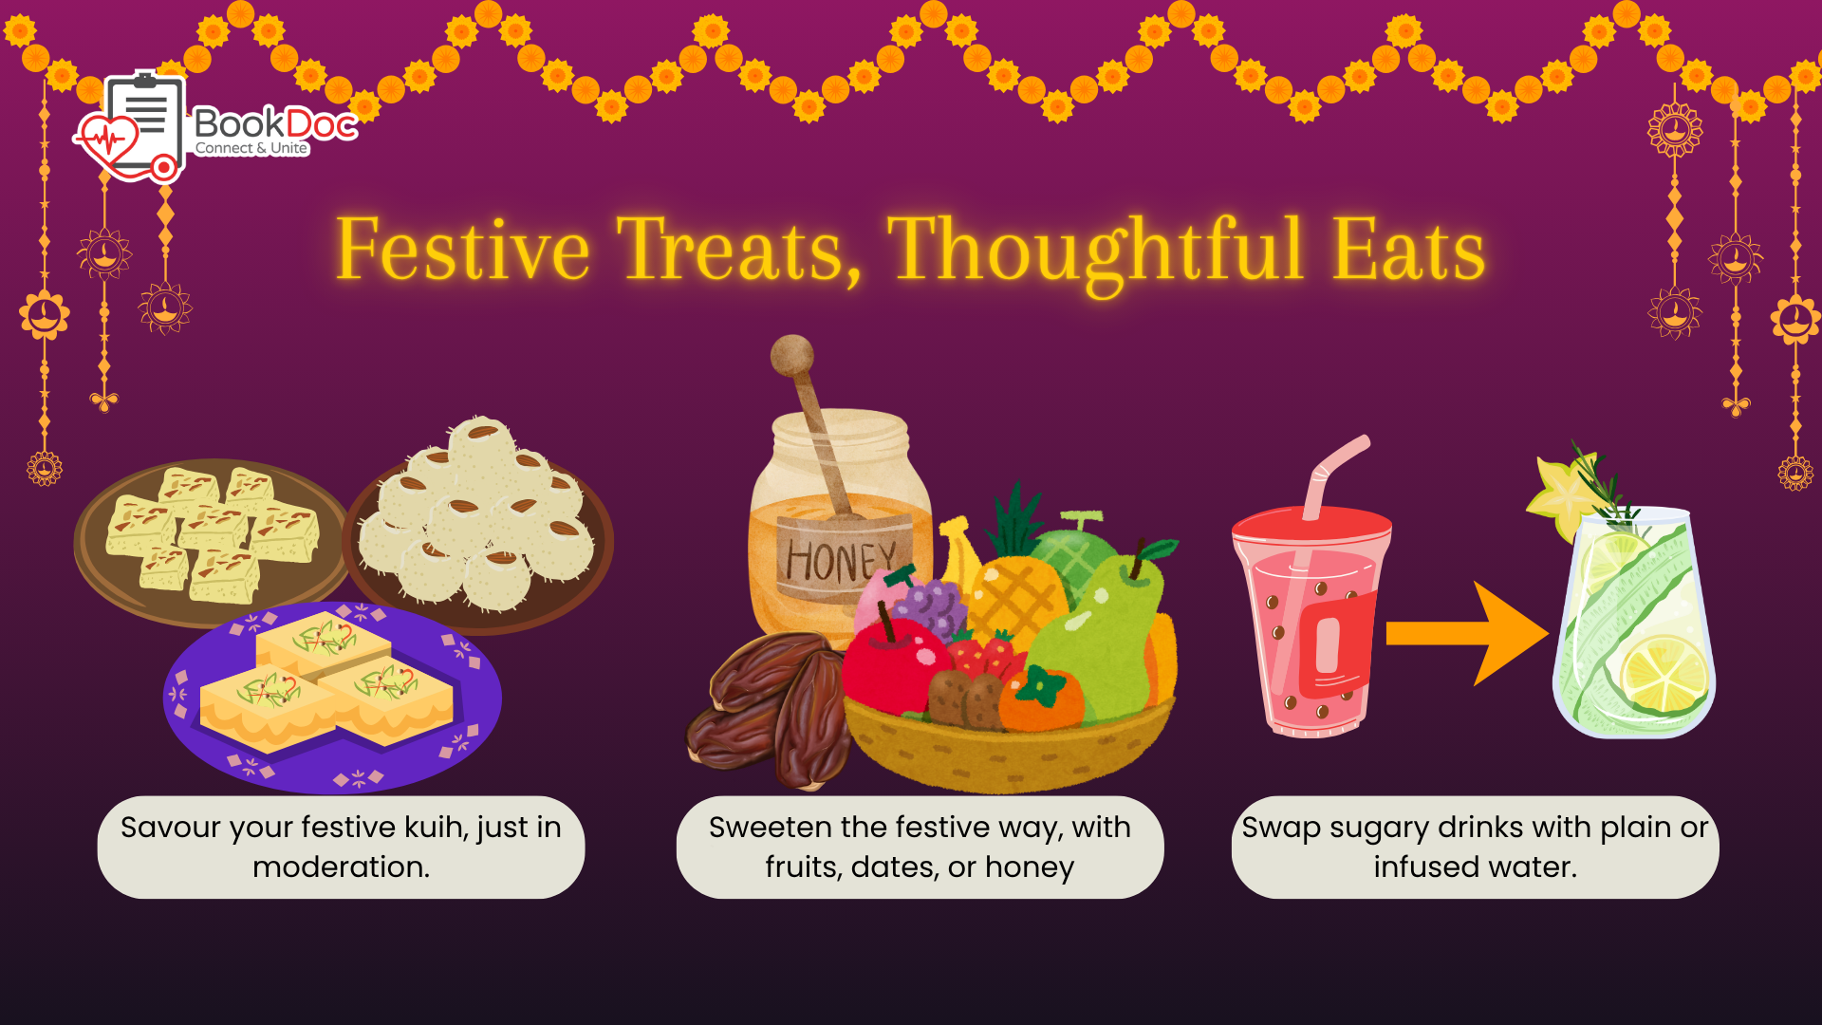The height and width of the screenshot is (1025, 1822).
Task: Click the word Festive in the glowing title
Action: coord(463,249)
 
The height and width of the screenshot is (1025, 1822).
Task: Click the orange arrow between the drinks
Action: coord(1467,633)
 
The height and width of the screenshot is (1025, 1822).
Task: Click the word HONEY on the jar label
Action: coord(841,560)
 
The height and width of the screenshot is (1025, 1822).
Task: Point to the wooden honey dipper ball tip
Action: coord(791,356)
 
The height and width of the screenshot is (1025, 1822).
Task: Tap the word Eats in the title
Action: coord(1408,249)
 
